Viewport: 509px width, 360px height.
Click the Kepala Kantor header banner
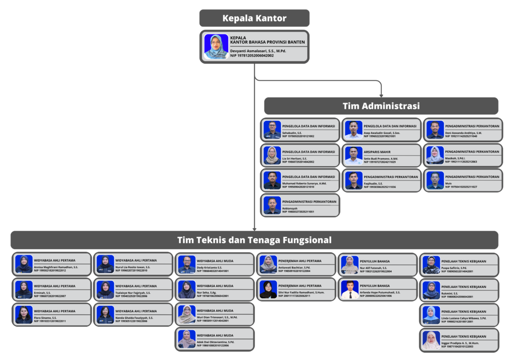[254, 18]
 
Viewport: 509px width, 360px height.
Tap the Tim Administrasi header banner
[381, 106]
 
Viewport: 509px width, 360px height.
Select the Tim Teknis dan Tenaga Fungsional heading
[254, 240]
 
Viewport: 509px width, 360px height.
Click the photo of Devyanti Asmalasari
[216, 47]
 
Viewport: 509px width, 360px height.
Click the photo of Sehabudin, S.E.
[272, 130]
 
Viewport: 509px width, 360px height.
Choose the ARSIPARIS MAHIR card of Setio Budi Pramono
[381, 155]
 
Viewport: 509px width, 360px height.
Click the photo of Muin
[435, 180]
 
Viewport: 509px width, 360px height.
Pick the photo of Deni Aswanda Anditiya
[435, 130]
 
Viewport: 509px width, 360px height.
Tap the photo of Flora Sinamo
[24, 315]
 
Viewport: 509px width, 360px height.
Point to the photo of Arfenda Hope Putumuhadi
[350, 289]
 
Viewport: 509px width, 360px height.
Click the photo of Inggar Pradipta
[431, 340]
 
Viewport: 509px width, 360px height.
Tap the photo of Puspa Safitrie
[431, 265]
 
